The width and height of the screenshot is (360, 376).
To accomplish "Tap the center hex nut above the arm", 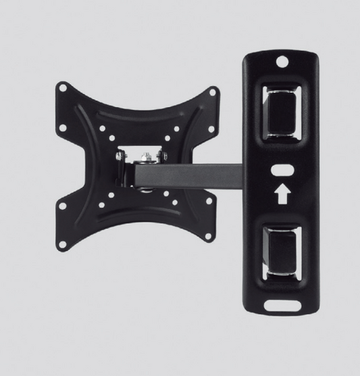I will point(143,158).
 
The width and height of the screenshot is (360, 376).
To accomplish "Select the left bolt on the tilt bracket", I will point(120,156).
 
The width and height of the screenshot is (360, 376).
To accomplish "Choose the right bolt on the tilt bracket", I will point(163,156).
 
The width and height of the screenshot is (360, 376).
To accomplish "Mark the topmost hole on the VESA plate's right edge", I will point(213,91).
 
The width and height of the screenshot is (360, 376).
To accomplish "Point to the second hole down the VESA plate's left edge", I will point(63,126).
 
